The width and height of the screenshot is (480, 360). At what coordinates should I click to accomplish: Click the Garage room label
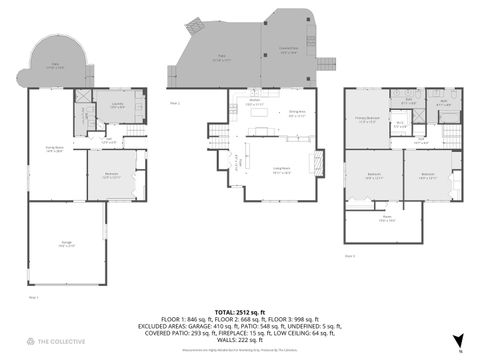(x=65, y=243)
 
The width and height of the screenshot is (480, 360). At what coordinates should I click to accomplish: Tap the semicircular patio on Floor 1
(x=54, y=68)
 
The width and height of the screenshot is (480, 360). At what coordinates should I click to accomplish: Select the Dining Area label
(x=297, y=112)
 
